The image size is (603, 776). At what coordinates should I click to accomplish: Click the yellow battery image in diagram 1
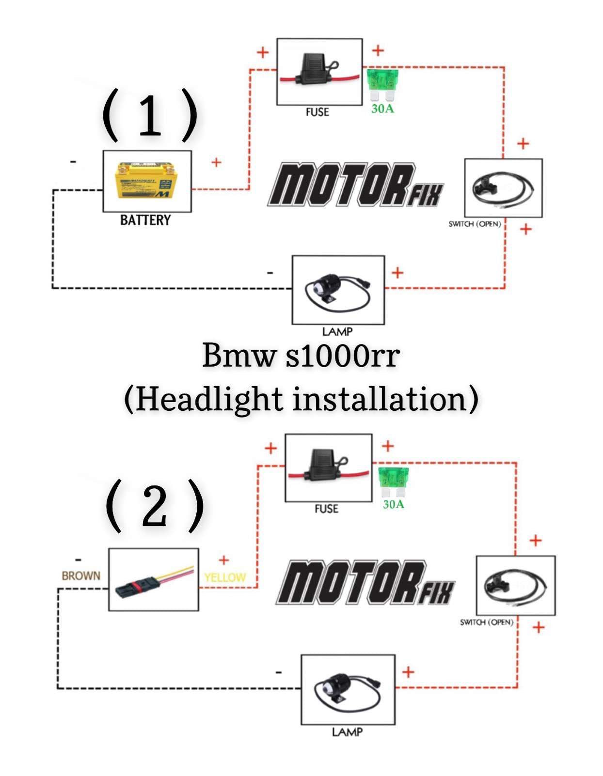143,181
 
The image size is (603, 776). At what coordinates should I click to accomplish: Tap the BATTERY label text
145,220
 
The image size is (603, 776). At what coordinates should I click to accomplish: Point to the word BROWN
81,576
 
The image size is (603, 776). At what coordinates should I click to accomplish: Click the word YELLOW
225,577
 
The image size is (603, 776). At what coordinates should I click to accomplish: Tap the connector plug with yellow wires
153,580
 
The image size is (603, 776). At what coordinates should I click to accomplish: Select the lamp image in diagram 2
347,690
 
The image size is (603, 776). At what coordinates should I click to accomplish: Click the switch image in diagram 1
503,187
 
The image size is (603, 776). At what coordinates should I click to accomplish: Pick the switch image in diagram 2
515,585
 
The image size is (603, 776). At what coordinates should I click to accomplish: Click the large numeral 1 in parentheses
150,115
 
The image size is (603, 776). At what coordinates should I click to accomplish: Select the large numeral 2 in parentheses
155,506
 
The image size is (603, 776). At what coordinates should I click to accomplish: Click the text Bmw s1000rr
301,355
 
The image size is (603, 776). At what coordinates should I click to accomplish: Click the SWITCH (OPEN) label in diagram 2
486,622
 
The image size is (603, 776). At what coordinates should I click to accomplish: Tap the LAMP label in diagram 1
337,332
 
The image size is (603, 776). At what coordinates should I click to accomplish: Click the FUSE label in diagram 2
326,509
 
